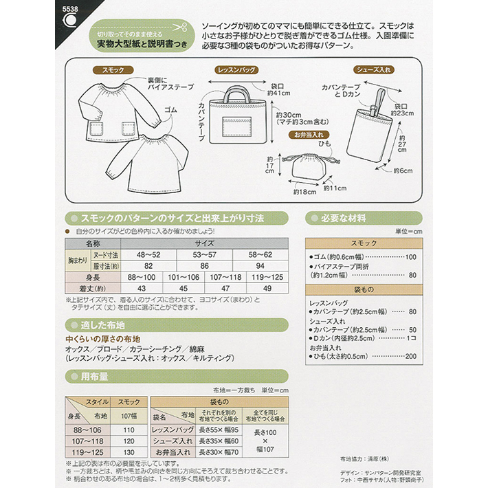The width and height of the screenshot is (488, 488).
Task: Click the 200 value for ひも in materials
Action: coord(411,356)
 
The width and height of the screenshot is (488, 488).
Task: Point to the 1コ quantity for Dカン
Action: coord(411,338)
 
